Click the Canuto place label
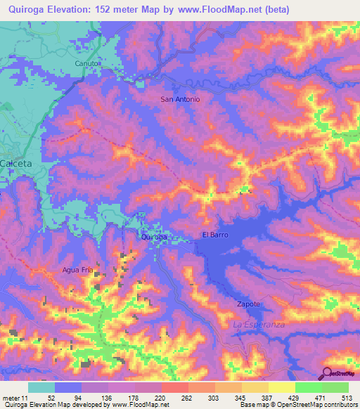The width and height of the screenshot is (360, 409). point(88,63)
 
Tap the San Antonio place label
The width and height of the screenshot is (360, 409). point(180,99)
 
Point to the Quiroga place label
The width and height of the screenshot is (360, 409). point(154,238)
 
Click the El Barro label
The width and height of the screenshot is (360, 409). point(214,235)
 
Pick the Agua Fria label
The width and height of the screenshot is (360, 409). point(77,269)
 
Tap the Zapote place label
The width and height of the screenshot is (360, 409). point(247,304)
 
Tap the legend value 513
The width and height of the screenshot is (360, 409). point(347,397)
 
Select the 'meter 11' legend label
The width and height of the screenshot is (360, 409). point(15,397)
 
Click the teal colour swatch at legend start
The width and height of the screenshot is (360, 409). point(41,387)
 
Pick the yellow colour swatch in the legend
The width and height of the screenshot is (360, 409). point(281,387)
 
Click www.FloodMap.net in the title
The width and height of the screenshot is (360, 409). point(224,9)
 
